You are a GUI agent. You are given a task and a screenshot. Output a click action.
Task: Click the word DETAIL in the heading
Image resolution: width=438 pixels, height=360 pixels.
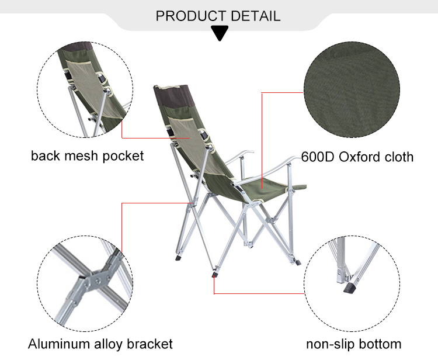256,16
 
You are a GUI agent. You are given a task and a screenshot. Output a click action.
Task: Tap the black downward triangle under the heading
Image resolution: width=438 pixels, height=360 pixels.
220,33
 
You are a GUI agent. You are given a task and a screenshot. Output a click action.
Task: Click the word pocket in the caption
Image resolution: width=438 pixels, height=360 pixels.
123,156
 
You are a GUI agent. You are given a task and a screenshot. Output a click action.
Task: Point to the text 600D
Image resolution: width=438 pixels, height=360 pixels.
318,157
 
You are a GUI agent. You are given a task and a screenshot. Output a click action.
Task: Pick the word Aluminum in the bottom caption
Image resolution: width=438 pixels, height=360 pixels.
59,344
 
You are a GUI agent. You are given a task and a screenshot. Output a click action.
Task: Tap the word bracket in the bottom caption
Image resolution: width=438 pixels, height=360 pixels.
150,344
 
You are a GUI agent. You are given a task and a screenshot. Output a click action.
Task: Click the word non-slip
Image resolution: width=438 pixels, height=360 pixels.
331,344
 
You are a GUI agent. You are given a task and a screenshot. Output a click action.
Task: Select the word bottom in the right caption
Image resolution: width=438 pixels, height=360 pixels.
380,344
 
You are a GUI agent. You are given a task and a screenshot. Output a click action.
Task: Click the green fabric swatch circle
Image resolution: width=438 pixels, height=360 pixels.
352,89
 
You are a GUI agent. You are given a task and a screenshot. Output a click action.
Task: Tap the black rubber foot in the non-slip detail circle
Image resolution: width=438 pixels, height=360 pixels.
351,287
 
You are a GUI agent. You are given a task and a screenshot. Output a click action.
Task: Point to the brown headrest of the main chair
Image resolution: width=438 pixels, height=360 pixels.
173,96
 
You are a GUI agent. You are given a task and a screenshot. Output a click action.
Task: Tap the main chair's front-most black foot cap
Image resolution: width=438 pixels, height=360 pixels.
215,274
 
